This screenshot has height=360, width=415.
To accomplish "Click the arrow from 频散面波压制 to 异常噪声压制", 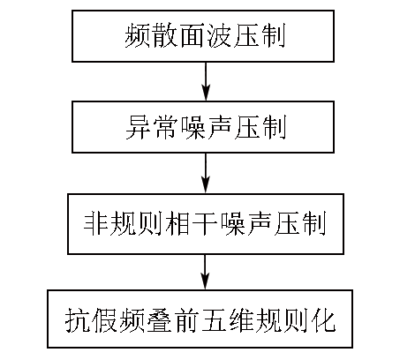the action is point(206,81).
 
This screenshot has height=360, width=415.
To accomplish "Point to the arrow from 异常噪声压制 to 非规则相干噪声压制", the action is point(206,173).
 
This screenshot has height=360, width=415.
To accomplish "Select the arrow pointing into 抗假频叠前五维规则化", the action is point(205,272).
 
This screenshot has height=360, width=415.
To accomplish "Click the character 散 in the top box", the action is point(164,36).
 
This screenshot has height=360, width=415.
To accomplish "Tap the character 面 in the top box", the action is point(192,36).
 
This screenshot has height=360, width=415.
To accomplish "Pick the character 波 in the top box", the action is point(218,36).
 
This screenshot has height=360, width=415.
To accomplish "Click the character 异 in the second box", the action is point(138,127).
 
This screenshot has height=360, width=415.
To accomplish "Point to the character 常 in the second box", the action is point(165,127).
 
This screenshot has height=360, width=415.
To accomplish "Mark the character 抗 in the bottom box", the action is point(78,320).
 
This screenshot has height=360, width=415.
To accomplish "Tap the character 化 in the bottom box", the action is point(323,320).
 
